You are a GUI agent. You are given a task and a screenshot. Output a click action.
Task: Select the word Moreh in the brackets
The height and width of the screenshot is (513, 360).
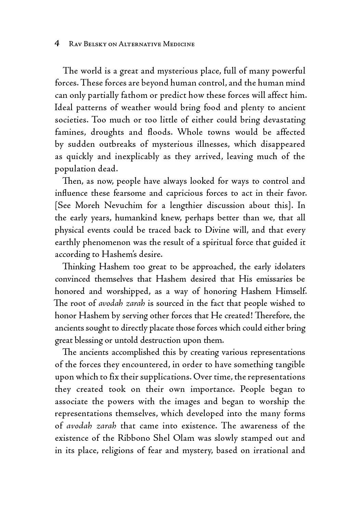(84, 206)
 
